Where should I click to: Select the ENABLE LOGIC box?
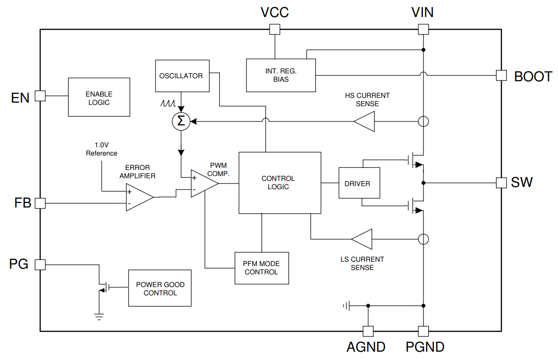99,97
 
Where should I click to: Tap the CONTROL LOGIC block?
280,183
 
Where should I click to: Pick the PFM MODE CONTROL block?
262,268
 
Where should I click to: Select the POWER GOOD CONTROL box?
160,288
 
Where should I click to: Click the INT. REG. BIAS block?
281,75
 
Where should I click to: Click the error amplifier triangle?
138,197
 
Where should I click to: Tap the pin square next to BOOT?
501,76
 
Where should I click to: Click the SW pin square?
501,183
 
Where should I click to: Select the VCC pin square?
274,29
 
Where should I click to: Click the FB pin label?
23,203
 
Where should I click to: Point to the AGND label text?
366,347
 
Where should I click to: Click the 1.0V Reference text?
101,149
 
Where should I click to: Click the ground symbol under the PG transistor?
100,316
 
